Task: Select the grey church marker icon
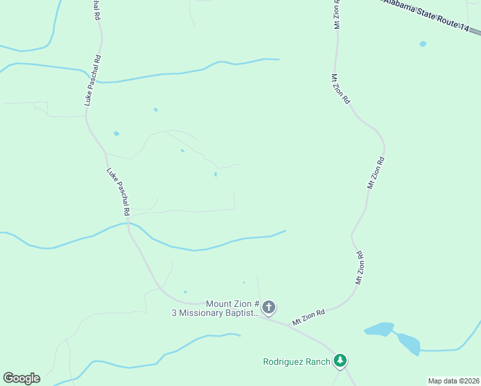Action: [269, 308]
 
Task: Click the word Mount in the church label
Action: [219, 304]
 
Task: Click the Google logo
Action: [21, 378]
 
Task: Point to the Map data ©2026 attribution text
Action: [453, 381]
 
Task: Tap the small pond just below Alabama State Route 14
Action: [422, 44]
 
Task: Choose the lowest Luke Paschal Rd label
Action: [119, 191]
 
